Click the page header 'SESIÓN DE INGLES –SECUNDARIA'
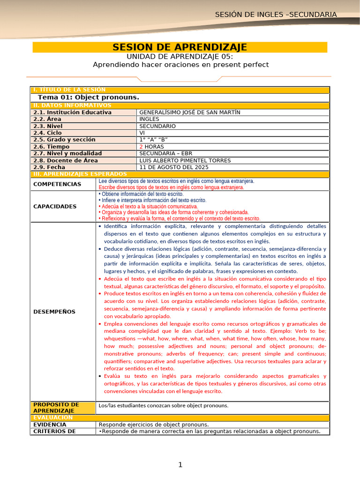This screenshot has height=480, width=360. coord(276,15)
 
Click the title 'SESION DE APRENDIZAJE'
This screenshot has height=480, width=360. coord(180,47)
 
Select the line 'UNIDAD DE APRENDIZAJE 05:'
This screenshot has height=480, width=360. coord(180,56)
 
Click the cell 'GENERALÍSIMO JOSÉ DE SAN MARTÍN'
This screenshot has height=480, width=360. coord(190,112)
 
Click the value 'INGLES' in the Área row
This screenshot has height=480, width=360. coord(150,119)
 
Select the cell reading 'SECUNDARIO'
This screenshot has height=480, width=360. coord(157,126)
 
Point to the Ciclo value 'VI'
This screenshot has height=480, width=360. coord(142,133)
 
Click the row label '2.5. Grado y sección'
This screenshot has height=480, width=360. coord(64,140)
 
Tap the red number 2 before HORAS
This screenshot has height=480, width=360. coord(141,147)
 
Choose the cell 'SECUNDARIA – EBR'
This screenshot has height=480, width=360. coord(166,153)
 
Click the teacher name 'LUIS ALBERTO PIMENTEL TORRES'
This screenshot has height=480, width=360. coord(185,160)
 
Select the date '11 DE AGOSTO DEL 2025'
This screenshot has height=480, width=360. coord(174,167)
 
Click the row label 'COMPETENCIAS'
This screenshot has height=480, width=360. coord(57,184)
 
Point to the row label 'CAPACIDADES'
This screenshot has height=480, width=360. coord(55,206)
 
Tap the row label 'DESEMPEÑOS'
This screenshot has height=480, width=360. coord(54,312)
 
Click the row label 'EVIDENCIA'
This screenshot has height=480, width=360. coord(50,425)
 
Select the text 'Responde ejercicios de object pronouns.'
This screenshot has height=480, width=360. coord(154,425)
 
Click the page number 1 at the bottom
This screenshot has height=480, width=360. coord(180,465)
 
